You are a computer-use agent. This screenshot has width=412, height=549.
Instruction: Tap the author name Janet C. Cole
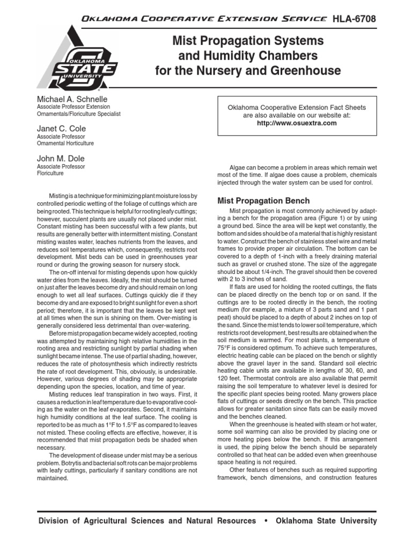tap(61, 129)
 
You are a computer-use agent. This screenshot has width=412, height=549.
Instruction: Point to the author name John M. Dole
tap(60, 159)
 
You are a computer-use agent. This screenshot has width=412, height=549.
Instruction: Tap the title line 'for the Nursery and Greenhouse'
tap(247, 70)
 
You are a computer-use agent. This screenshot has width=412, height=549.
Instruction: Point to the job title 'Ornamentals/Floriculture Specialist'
tap(78, 114)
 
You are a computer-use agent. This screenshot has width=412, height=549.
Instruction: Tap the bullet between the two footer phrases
tap(266, 521)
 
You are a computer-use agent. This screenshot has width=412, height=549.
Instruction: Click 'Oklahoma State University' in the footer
tap(326, 521)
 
